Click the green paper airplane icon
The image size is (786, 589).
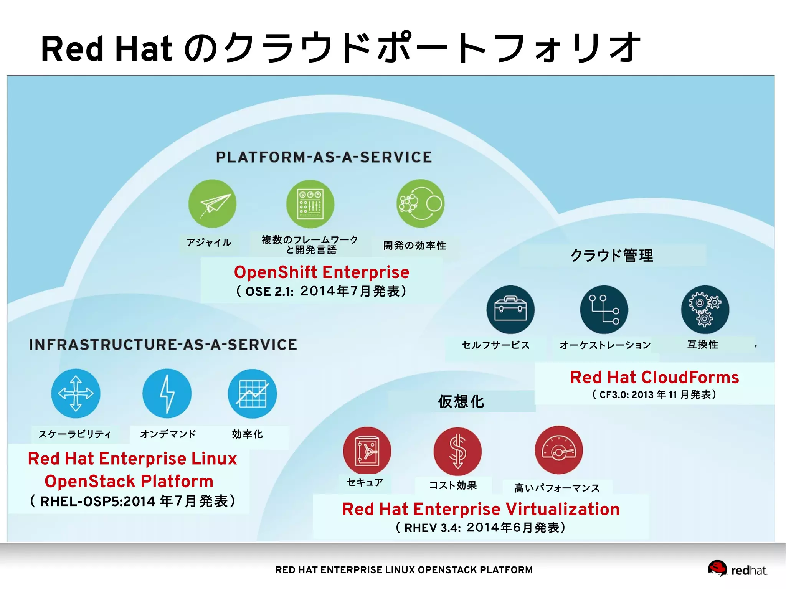[212, 204]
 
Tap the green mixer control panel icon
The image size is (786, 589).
[310, 204]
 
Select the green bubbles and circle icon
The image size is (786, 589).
[420, 203]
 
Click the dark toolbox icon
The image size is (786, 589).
[510, 309]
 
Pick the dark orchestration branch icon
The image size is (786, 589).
[604, 309]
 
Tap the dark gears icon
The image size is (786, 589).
[705, 309]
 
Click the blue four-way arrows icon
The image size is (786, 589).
[76, 393]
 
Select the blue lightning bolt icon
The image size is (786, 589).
[167, 393]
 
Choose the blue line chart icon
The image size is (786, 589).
[252, 393]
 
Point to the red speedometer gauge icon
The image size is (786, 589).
[559, 450]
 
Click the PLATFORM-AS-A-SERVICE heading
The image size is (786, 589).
[324, 157]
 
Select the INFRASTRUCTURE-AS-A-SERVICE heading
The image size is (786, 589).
[163, 345]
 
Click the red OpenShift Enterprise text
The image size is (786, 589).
[322, 272]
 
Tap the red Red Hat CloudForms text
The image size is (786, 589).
[654, 377]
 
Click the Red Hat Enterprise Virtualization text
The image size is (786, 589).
[481, 509]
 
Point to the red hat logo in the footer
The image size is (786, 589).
[717, 568]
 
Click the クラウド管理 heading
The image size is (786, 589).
[612, 255]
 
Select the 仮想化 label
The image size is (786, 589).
[461, 401]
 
